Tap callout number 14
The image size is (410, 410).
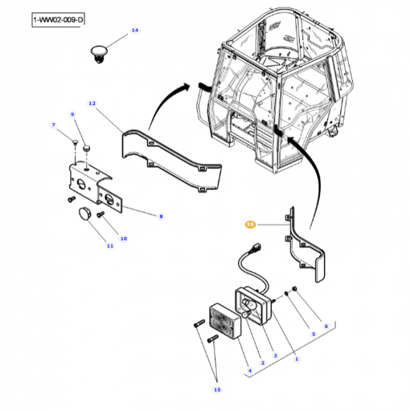click(x=135, y=30)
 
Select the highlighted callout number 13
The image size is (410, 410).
click(x=250, y=224)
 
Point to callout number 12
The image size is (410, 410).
click(x=92, y=103)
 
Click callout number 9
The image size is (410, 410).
click(x=73, y=114)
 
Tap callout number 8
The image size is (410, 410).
click(x=161, y=216)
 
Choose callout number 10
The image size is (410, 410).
click(x=124, y=238)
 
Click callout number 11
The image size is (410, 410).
click(x=110, y=246)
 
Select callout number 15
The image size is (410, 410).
click(x=217, y=389)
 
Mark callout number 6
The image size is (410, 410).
click(x=326, y=326)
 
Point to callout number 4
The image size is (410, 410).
click(x=250, y=370)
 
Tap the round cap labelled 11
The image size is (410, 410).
click(x=85, y=213)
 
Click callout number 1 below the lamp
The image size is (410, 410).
click(x=296, y=358)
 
